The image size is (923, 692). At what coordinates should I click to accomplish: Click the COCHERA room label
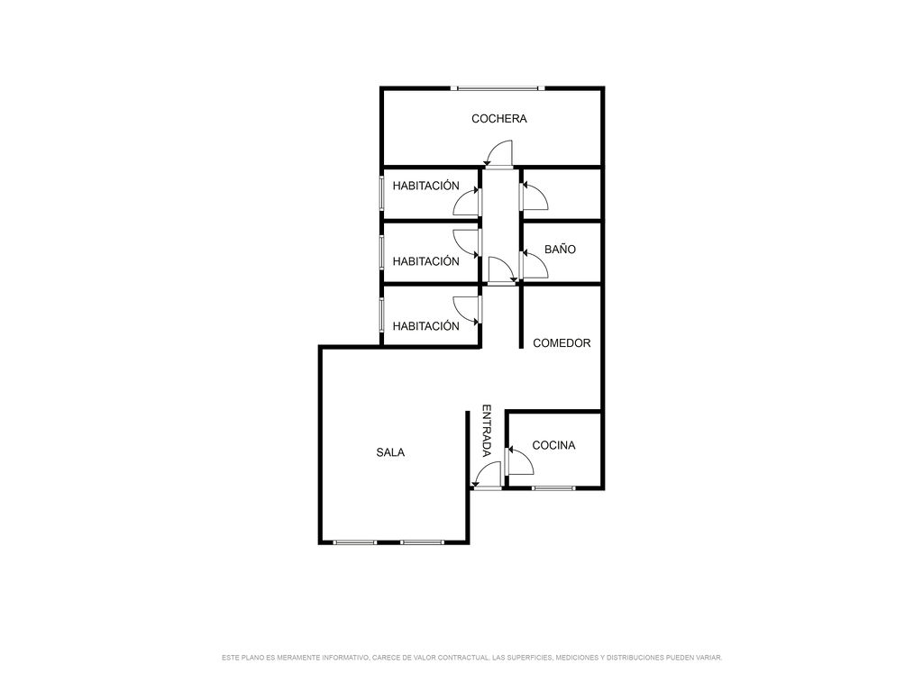tap(498, 119)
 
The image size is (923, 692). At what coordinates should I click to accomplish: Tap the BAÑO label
tap(560, 249)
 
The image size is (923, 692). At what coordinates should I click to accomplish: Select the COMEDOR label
tap(562, 343)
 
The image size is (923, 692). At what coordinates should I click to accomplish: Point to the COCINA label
tap(553, 445)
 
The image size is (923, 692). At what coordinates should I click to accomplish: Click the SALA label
tap(390, 452)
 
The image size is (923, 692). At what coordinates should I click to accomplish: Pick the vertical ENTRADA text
tap(487, 431)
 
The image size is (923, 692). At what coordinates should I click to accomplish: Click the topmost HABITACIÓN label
tap(425, 186)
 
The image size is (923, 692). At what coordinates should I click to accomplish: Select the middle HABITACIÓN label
tap(425, 261)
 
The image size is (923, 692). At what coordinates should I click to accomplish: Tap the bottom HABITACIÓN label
tap(425, 326)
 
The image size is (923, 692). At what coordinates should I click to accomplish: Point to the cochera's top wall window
tap(498, 88)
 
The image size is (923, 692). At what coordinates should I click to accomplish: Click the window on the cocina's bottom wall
tap(553, 487)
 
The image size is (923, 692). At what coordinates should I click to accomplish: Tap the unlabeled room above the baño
tap(562, 194)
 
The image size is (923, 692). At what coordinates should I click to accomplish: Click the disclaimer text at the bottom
tap(471, 657)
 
